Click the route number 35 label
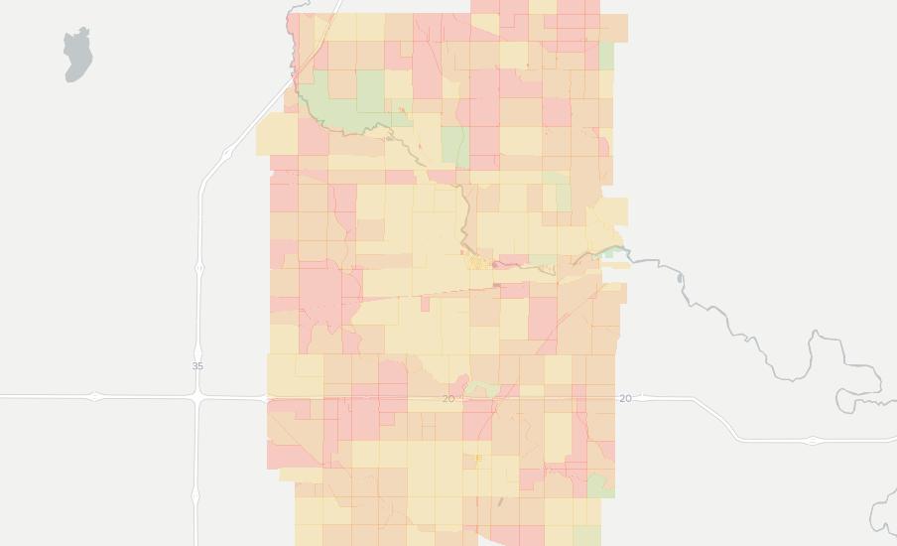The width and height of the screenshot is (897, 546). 197,366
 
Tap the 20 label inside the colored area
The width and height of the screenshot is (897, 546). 448,399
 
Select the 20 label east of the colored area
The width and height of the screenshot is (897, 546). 625,398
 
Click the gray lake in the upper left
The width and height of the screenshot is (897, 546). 76,54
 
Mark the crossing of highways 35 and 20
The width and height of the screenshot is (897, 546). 199,397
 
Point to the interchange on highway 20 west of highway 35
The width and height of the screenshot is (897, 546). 95,397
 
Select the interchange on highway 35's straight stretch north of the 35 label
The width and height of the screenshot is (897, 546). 199,268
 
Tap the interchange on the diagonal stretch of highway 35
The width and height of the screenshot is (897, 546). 228,153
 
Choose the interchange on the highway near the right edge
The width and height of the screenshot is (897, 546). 813,440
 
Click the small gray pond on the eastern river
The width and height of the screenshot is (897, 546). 680,279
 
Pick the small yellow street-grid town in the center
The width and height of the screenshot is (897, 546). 477,263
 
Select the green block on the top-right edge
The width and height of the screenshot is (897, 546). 606,56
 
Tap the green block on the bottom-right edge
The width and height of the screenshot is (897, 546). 597,485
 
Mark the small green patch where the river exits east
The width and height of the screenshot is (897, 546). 607,253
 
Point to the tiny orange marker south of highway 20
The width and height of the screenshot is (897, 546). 478,459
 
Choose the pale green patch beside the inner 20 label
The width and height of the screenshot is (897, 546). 482,387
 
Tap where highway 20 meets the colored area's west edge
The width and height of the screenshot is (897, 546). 268,398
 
